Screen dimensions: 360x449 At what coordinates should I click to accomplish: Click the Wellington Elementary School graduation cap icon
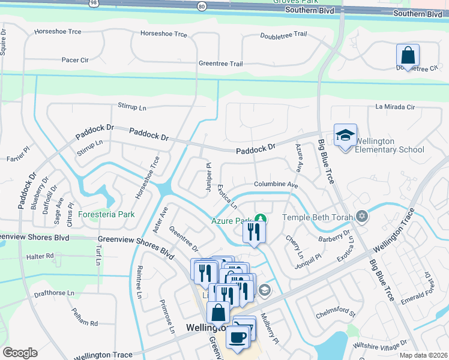(x=345, y=136)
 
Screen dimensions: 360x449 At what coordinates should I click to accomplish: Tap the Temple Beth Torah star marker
(x=361, y=216)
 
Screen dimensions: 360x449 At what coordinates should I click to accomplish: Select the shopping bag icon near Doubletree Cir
(x=408, y=56)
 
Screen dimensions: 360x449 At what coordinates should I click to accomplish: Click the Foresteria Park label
(x=106, y=214)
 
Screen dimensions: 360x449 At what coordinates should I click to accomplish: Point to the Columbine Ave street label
(x=276, y=185)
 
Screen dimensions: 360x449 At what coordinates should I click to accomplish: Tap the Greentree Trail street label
(x=220, y=64)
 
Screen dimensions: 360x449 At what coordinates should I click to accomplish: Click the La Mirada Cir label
(x=395, y=107)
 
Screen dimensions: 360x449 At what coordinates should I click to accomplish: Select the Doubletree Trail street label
(x=284, y=36)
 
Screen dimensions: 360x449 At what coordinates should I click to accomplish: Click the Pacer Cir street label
(x=75, y=60)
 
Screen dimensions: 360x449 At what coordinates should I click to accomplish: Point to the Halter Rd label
(x=40, y=256)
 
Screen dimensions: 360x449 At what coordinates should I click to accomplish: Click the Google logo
(x=20, y=353)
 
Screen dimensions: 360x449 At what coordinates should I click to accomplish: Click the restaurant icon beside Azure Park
(x=254, y=232)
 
